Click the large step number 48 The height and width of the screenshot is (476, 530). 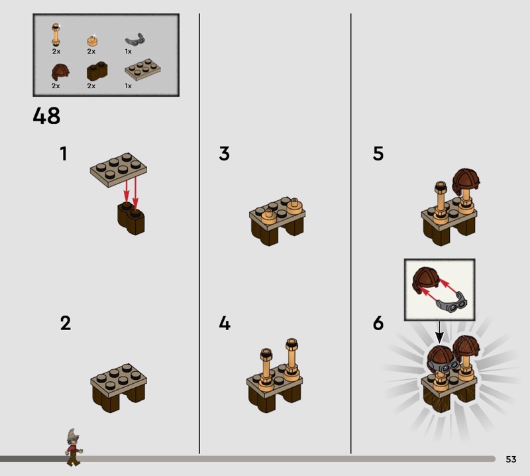[x=46, y=116]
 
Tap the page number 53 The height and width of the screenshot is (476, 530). [x=511, y=459]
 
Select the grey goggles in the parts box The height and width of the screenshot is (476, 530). [x=135, y=40]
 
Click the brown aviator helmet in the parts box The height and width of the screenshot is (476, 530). [x=60, y=72]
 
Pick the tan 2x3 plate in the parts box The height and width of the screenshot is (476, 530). [x=142, y=70]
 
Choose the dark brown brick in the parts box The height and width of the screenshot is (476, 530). [x=97, y=71]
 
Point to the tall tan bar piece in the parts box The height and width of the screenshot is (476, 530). [x=56, y=34]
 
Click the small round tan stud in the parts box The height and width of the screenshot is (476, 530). [x=91, y=40]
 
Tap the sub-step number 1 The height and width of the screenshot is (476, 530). [x=64, y=154]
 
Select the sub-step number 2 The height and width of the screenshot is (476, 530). [x=66, y=323]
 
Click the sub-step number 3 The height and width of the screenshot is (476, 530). [x=225, y=154]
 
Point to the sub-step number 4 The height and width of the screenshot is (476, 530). [x=225, y=323]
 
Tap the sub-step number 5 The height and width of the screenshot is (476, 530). [x=378, y=154]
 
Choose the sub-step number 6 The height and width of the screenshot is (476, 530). [x=378, y=323]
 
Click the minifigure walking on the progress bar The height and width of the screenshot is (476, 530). [x=74, y=447]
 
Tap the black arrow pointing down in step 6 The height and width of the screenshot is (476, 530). [x=439, y=332]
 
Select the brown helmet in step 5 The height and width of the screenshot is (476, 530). [x=466, y=181]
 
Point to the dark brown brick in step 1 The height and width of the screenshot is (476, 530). [x=131, y=218]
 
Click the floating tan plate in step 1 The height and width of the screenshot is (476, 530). [x=119, y=170]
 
